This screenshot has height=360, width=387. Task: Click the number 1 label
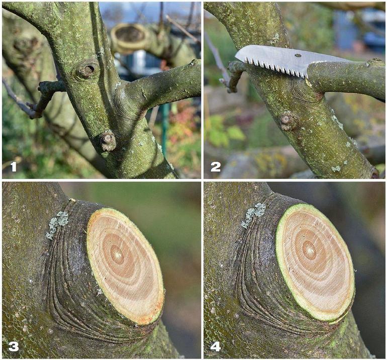14,167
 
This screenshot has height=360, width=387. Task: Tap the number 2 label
216,167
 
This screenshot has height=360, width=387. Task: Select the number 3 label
14,346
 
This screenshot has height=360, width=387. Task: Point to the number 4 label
215,346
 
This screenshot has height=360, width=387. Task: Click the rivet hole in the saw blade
298,55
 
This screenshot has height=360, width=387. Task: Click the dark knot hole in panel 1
87,69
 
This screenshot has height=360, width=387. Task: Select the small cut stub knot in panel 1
108,141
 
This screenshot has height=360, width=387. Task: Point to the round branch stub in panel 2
286,121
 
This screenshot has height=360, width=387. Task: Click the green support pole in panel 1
165,128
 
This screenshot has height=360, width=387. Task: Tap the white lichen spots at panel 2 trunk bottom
336,168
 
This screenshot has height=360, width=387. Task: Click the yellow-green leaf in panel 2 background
236,133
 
